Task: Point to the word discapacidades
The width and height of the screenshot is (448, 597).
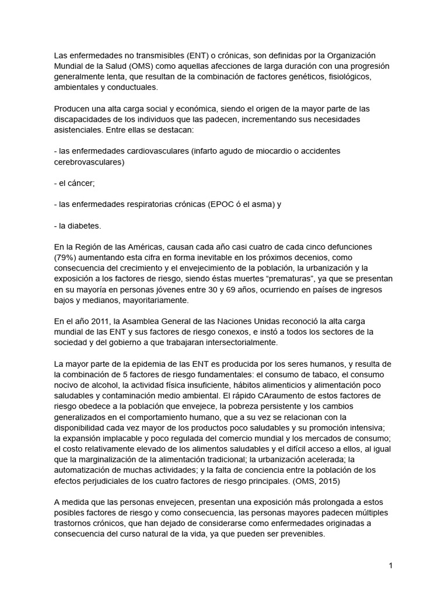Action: pyautogui.click(x=85, y=119)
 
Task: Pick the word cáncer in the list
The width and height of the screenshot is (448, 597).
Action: pyautogui.click(x=80, y=182)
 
